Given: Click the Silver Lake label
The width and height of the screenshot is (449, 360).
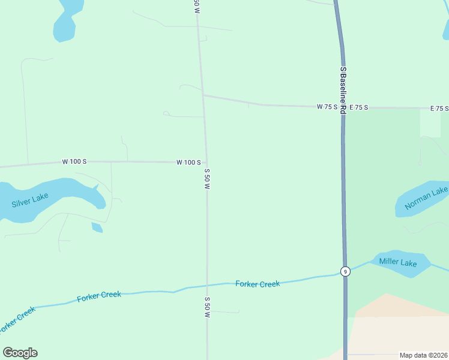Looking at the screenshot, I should [x=30, y=200].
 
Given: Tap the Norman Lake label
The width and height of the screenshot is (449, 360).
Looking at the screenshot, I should [x=426, y=199].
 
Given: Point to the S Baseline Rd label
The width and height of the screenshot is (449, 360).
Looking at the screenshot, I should [x=343, y=90].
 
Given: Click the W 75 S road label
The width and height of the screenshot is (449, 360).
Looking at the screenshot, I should [x=327, y=107].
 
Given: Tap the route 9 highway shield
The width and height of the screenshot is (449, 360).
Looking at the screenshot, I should [x=345, y=271].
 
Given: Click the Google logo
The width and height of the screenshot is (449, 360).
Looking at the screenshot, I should [x=20, y=352].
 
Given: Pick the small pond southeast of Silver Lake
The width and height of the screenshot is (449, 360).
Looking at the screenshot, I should [x=97, y=227].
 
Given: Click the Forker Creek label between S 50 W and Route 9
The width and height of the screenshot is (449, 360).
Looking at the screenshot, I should [x=258, y=284].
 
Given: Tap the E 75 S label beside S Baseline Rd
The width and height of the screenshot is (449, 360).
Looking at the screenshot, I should [x=358, y=107].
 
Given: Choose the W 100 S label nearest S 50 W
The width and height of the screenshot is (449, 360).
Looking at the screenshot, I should [x=188, y=162].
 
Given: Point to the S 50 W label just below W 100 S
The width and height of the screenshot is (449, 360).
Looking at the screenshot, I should [x=207, y=179].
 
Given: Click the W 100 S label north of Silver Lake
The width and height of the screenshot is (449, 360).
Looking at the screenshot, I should [x=74, y=162].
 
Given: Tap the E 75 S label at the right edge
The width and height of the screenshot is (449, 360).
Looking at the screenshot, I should [x=439, y=109].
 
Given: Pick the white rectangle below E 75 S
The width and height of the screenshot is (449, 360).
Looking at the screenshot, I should [x=430, y=124].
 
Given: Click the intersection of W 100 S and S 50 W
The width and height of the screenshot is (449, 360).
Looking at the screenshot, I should [x=206, y=162].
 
